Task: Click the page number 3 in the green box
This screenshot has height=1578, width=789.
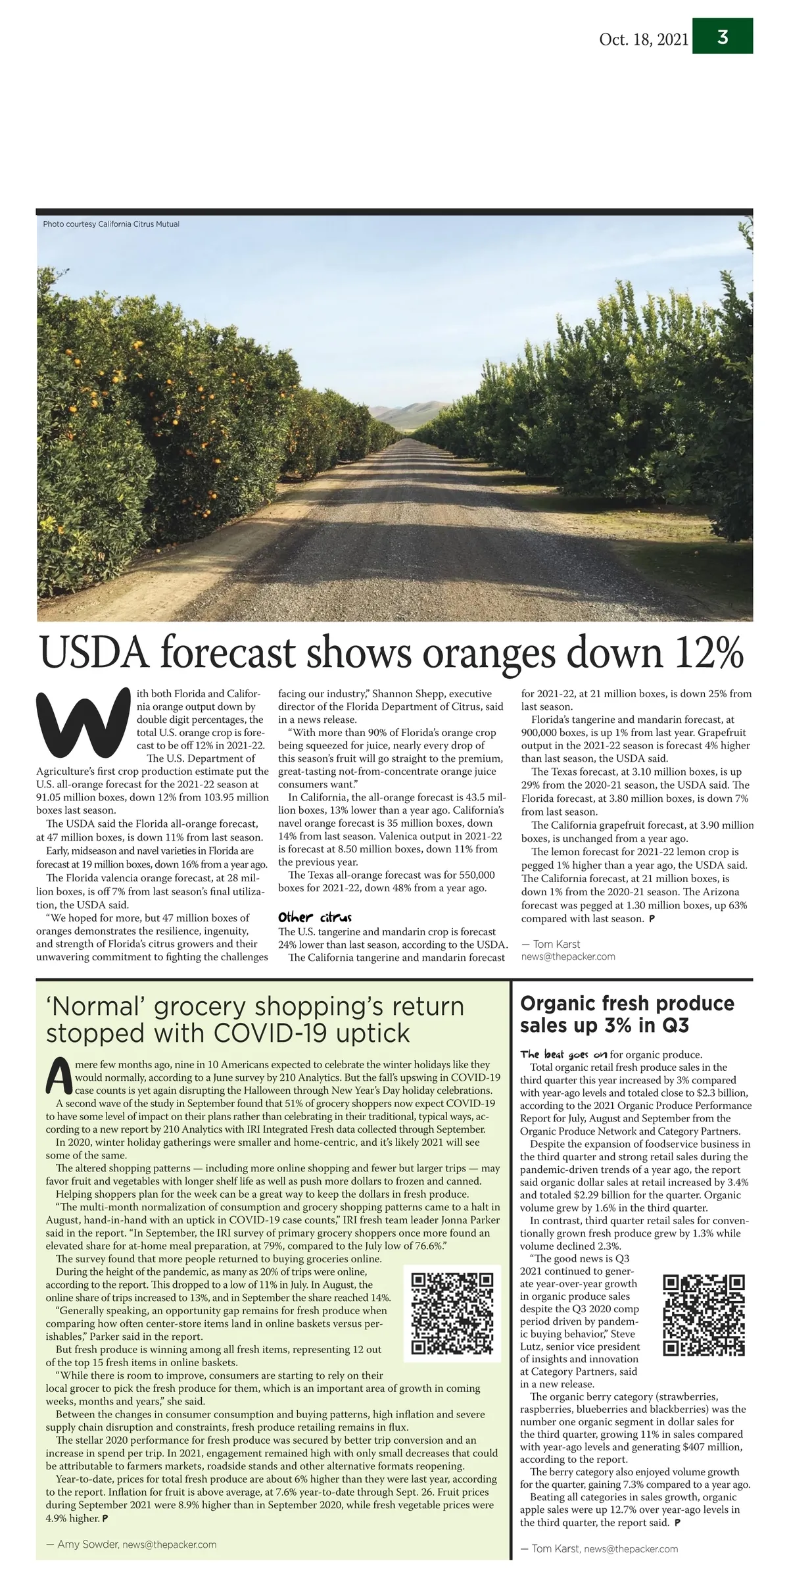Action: tap(723, 37)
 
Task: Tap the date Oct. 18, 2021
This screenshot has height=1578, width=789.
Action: tap(643, 39)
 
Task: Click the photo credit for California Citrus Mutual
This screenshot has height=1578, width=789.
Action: tap(111, 224)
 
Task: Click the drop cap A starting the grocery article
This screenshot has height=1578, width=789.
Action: tap(59, 1072)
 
